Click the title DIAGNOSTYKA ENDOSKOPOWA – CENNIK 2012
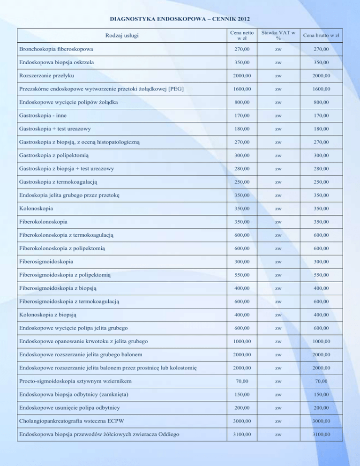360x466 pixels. tap(180, 19)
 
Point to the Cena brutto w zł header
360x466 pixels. tap(321, 36)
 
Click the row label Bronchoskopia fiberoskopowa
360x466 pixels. tap(56, 49)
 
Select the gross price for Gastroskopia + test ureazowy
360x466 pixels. tap(321, 128)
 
